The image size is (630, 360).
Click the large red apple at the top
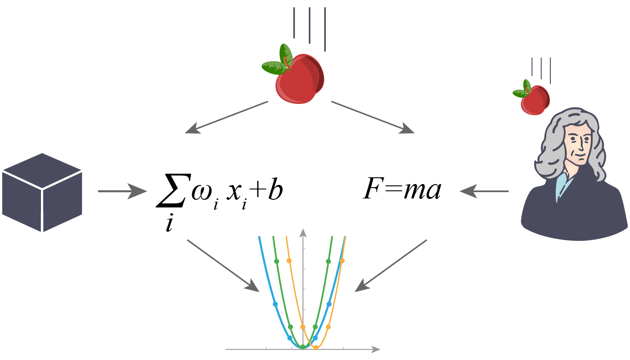click(x=299, y=81)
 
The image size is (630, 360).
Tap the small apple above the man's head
click(x=535, y=100)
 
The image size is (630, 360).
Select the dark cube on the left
click(x=42, y=193)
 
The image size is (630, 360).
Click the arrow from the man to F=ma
click(x=484, y=191)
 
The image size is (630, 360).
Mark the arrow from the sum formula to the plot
click(x=223, y=265)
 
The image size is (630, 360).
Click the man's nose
click(x=583, y=146)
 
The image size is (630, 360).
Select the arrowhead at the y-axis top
click(x=303, y=232)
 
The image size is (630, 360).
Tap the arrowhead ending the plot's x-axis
click(x=376, y=349)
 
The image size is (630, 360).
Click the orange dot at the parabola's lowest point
click(x=316, y=347)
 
